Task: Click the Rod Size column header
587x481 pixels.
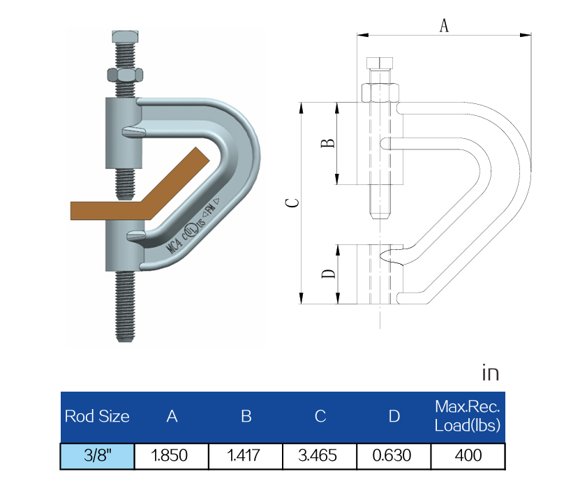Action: (x=97, y=417)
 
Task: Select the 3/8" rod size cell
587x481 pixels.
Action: (x=97, y=456)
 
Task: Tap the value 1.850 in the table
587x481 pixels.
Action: (x=171, y=456)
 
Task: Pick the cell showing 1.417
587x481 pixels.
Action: (x=245, y=456)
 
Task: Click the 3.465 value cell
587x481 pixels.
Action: (x=319, y=456)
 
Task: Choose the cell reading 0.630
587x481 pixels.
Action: (x=394, y=456)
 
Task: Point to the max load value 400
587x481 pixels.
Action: (x=468, y=456)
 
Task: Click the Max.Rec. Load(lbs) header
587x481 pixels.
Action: (x=468, y=416)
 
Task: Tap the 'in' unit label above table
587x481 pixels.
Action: (x=491, y=373)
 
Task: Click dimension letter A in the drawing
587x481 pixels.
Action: (x=443, y=26)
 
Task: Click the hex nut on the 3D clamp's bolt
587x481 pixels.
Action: (x=125, y=73)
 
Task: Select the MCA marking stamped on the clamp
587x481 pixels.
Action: (x=174, y=244)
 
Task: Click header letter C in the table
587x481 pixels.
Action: (x=319, y=417)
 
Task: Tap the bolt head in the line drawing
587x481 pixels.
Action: (x=380, y=64)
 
